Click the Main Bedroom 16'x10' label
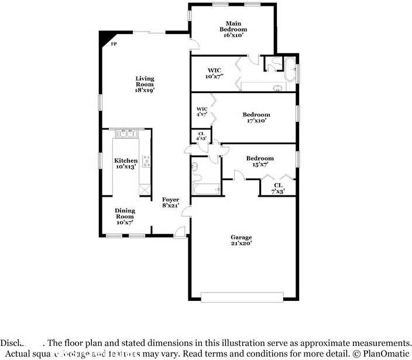[x=233, y=29]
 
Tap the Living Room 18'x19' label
[x=145, y=84]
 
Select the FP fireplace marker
[x=114, y=43]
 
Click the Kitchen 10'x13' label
[x=126, y=163]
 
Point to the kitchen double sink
[x=126, y=135]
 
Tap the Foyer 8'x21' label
[x=170, y=203]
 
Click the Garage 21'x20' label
[x=241, y=240]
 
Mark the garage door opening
[x=241, y=297]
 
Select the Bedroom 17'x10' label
[x=256, y=118]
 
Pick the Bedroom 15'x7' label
[x=259, y=162]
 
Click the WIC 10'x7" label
[x=214, y=74]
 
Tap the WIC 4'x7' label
[x=202, y=112]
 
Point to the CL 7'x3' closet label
[x=278, y=188]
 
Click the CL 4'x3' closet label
[x=201, y=136]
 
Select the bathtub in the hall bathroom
[x=207, y=189]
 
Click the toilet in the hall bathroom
[x=197, y=176]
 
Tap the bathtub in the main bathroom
[x=290, y=68]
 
